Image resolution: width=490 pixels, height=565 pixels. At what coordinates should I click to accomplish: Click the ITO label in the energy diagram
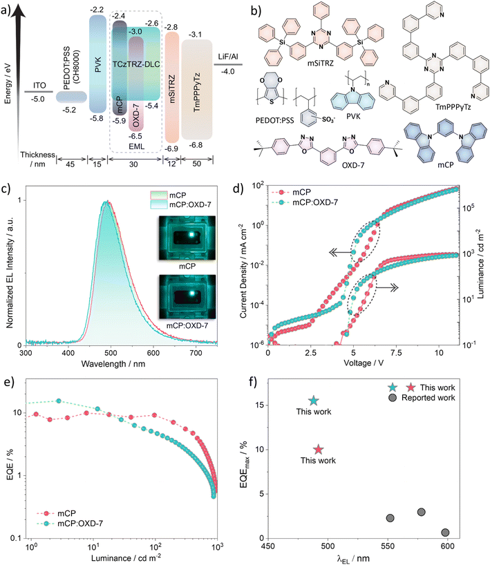(39, 86)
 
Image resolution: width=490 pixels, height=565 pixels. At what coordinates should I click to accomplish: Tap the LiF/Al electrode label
(228, 57)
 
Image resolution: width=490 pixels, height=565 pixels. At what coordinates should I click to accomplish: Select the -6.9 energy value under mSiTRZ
(171, 149)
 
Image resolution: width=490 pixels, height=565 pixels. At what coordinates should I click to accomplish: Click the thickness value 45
(70, 164)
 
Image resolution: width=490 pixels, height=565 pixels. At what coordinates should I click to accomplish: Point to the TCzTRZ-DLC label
(136, 64)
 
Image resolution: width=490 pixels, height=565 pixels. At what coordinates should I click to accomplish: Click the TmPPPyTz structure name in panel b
(453, 107)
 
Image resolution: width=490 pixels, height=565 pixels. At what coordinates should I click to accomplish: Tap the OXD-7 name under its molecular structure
(353, 165)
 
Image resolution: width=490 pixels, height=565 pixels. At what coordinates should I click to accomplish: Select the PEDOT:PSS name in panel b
(275, 120)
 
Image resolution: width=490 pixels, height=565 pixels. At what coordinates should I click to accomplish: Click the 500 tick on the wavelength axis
(111, 352)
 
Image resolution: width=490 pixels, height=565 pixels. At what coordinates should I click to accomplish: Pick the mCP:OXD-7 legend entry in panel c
(180, 204)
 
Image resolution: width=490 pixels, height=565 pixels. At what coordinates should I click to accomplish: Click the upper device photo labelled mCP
(187, 238)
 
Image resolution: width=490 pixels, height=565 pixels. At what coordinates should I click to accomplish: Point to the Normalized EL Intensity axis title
(10, 272)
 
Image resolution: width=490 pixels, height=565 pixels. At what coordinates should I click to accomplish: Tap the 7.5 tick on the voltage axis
(396, 352)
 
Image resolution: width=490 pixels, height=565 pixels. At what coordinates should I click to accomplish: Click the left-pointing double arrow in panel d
(341, 253)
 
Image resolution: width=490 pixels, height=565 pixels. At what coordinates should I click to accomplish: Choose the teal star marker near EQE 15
(314, 401)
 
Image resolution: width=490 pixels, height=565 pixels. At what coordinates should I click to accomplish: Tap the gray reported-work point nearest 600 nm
(445, 533)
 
